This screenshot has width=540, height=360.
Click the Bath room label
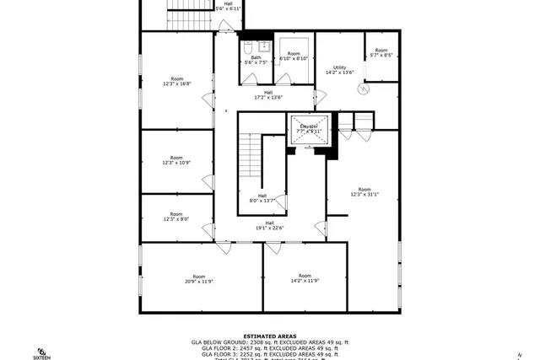[255, 60]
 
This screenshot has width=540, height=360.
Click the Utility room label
[339, 70]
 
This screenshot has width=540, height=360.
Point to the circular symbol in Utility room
[364, 88]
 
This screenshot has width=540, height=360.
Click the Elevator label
[308, 128]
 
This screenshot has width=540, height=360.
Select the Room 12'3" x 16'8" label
[176, 81]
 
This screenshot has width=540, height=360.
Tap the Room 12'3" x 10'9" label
[176, 160]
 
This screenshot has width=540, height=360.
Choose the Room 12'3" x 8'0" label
[176, 217]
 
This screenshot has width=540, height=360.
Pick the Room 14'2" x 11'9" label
[305, 278]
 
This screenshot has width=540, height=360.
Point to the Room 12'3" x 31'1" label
[364, 191]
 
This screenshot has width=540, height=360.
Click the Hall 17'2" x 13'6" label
[267, 94]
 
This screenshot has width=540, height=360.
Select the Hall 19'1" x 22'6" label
[269, 225]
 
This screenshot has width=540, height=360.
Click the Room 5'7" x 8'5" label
[381, 52]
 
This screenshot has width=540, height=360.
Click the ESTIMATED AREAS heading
[269, 335]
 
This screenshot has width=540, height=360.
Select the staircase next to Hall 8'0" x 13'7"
[250, 154]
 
